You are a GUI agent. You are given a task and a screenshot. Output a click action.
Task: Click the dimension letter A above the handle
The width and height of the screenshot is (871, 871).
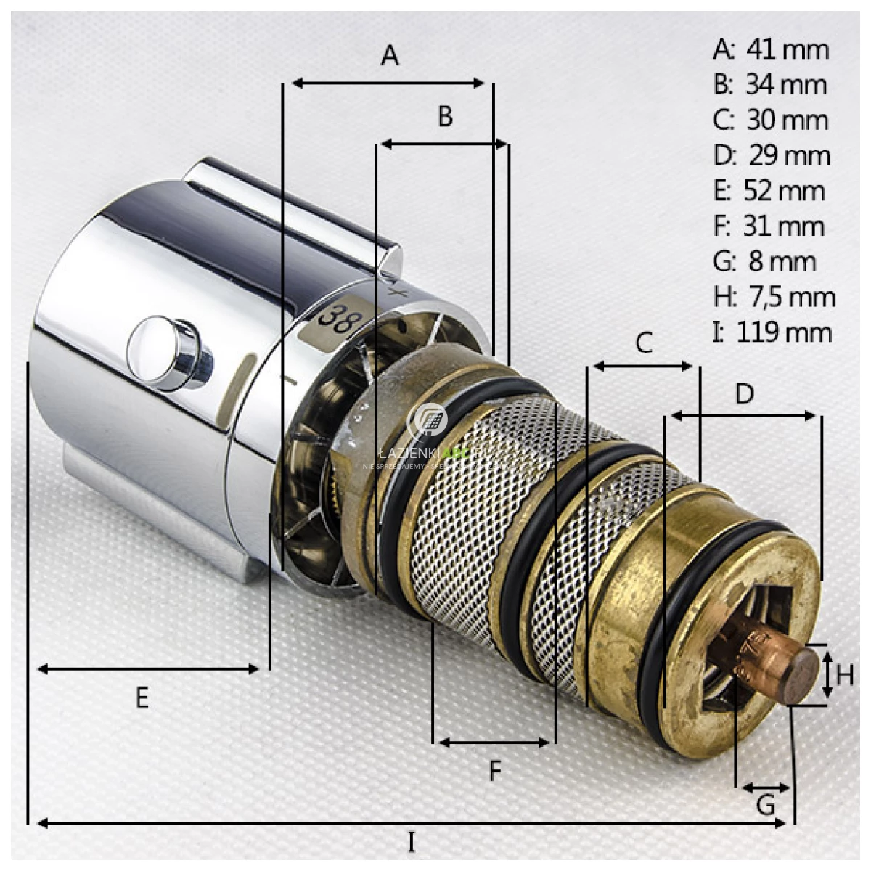(390, 55)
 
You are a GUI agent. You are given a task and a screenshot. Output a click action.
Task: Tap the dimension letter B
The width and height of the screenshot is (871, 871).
(446, 116)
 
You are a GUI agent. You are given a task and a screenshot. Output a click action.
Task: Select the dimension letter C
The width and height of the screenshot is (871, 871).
(644, 343)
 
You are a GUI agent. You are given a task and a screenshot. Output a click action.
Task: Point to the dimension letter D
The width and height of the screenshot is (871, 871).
(745, 394)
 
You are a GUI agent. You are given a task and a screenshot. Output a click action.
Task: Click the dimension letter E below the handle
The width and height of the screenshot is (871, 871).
(142, 698)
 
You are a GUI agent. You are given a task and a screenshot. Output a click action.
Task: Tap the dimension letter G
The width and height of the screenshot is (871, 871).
(766, 805)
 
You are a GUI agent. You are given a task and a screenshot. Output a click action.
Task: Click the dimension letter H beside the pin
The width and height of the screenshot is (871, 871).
(845, 676)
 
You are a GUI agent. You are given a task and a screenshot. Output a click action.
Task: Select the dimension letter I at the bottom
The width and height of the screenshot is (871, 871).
(412, 843)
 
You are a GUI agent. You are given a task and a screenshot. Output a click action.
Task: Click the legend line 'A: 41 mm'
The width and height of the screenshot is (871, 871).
(771, 49)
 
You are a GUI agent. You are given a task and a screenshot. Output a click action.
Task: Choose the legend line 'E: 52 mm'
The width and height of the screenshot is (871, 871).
(769, 191)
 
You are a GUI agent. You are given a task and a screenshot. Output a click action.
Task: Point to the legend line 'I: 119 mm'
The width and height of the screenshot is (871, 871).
(771, 332)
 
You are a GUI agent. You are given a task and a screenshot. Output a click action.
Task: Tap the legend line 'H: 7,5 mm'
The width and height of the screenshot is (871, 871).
(774, 297)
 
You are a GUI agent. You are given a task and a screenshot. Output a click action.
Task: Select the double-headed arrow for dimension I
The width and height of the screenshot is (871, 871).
(411, 823)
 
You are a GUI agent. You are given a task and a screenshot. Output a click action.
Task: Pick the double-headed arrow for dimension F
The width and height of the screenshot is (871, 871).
(494, 743)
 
